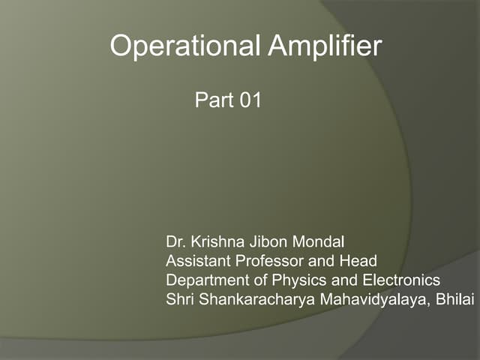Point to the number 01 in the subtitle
pyautogui.click(x=249, y=100)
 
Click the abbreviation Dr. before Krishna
pyautogui.click(x=175, y=242)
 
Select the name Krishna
pyautogui.click(x=214, y=242)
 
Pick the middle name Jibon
pyautogui.click(x=262, y=242)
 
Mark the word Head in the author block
pyautogui.click(x=359, y=261)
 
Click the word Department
pyautogui.click(x=205, y=280)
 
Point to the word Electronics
pyautogui.click(x=401, y=280)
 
